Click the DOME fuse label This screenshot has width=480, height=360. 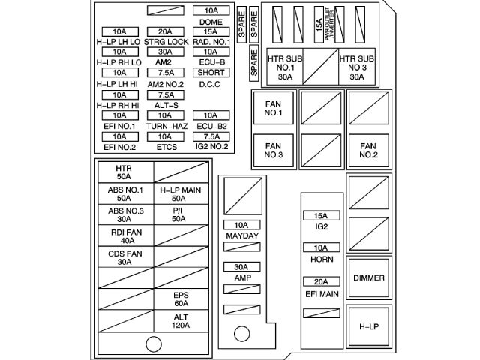tap(211, 22)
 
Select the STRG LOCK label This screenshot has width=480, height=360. tap(166, 42)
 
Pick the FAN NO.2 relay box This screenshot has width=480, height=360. tap(367, 151)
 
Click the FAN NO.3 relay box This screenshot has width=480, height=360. tap(273, 151)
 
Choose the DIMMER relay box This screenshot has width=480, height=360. tap(369, 278)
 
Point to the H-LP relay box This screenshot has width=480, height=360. tap(369, 326)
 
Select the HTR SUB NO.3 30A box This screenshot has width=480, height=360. tap(357, 67)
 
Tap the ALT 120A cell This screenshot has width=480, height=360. tap(181, 322)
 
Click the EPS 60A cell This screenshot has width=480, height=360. tap(181, 299)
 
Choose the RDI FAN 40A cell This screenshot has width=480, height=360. tap(124, 236)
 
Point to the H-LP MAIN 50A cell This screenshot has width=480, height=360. tap(178, 195)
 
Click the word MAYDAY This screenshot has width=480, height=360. tap(241, 236)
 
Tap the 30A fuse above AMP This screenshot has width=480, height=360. tap(241, 266)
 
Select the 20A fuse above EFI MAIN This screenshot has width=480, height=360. tap(320, 281)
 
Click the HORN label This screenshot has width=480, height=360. tap(320, 259)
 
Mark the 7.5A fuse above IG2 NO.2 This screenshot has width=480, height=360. tap(211, 137)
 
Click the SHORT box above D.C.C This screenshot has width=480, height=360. tap(211, 73)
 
